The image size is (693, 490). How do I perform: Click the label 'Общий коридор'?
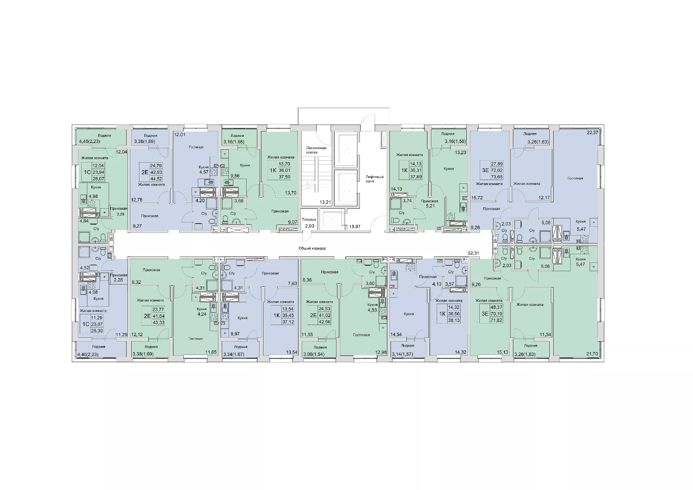tap(312, 248)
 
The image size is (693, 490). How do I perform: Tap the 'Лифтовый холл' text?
tap(374, 179)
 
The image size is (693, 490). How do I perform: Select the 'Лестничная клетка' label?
tap(316, 150)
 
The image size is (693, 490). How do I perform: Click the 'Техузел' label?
tap(309, 219)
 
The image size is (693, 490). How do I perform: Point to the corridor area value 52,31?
tap(473, 253)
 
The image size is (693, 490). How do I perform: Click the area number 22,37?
tap(593, 133)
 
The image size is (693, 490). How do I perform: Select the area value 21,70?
tap(592, 354)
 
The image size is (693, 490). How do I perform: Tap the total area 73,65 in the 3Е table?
tap(497, 177)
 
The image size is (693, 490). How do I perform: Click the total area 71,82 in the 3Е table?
tap(496, 320)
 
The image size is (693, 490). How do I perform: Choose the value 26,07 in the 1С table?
tap(98, 179)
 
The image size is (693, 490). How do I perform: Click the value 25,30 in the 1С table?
tap(97, 331)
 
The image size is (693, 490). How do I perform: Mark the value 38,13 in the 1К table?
tap(454, 320)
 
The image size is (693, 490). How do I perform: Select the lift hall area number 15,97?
tap(354, 226)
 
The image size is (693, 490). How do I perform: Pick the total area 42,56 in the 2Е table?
tap(324, 322)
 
